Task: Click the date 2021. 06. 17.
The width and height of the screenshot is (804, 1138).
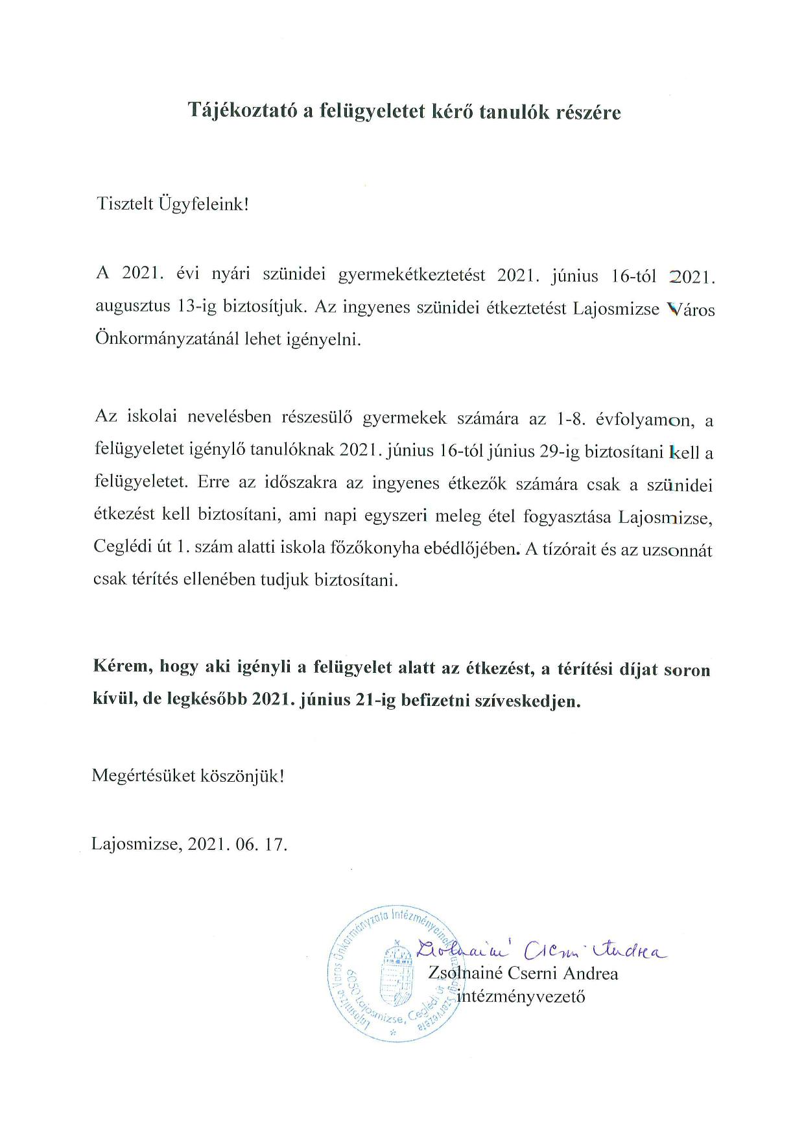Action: (x=237, y=845)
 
